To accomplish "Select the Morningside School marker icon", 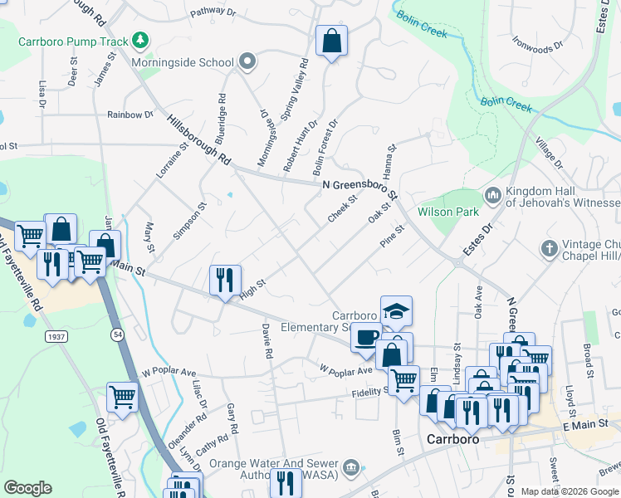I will tap(247, 62).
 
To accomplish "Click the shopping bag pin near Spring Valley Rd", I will tap(331, 41).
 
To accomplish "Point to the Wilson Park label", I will tap(448, 212).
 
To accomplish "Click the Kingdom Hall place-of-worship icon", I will tap(492, 194).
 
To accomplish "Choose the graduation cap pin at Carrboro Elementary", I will tap(396, 312).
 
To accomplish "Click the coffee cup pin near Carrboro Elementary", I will tap(366, 338).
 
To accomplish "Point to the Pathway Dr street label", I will tap(213, 13).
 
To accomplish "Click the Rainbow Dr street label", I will tap(130, 115).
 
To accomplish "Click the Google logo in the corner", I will tap(27, 488).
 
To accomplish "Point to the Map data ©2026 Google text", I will tap(569, 491).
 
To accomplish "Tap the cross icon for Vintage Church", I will tap(548, 247).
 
